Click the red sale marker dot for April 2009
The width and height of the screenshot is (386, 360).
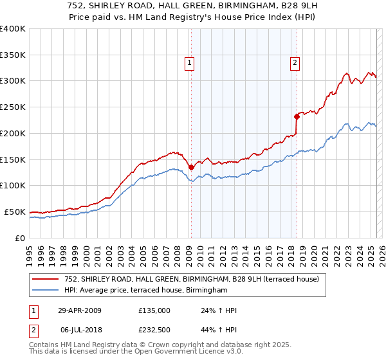tap(191, 167)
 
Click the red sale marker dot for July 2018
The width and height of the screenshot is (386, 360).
tap(297, 116)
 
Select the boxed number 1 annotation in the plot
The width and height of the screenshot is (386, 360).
tap(190, 63)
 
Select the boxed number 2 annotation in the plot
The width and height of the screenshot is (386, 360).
tap(295, 63)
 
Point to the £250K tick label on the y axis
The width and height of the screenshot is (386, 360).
tap(13, 107)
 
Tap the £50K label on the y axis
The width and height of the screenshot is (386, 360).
tap(15, 212)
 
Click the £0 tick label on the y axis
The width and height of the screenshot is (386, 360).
tap(21, 238)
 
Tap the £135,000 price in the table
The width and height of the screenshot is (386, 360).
tap(154, 310)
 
